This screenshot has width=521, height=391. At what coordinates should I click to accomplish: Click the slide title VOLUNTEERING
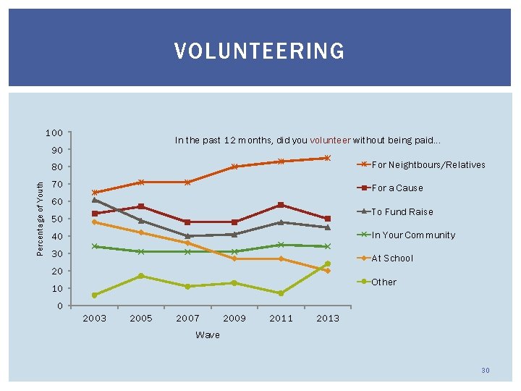click(259, 51)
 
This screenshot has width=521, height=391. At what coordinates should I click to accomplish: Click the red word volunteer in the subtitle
click(331, 140)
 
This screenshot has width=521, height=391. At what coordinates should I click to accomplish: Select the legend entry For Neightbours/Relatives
click(428, 165)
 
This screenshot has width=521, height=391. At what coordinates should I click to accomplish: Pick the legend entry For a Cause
click(397, 188)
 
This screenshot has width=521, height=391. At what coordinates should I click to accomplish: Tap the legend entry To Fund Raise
click(402, 212)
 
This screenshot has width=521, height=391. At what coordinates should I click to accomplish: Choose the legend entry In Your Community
click(412, 235)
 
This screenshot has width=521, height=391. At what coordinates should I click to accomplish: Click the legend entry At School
click(392, 258)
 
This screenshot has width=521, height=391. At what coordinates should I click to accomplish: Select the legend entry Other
click(384, 282)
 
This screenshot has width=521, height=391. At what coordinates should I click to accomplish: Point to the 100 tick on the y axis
click(54, 133)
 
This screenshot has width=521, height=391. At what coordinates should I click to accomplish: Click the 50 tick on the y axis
click(56, 219)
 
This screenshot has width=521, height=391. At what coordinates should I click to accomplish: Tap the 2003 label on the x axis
click(95, 319)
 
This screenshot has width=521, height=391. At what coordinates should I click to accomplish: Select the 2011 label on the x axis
click(281, 319)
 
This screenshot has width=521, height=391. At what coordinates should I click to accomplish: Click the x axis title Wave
click(208, 335)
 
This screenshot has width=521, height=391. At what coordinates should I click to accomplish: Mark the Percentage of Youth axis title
click(41, 217)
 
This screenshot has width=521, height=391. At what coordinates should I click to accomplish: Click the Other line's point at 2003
click(95, 295)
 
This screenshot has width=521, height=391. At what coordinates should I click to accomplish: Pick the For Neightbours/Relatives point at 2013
click(327, 158)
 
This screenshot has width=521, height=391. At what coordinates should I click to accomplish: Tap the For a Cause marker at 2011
click(281, 205)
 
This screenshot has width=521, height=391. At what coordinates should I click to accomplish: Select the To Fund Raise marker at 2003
click(95, 200)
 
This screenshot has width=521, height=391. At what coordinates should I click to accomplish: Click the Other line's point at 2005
click(141, 276)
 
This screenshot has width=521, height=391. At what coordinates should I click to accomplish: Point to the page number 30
click(485, 371)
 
